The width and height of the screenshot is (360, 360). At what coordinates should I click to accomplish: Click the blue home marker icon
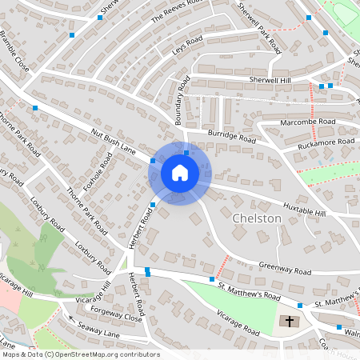click(x=179, y=173)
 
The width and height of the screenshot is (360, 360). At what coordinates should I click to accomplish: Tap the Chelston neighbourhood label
click(x=256, y=218)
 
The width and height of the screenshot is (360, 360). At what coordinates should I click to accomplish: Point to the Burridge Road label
click(x=231, y=137)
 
